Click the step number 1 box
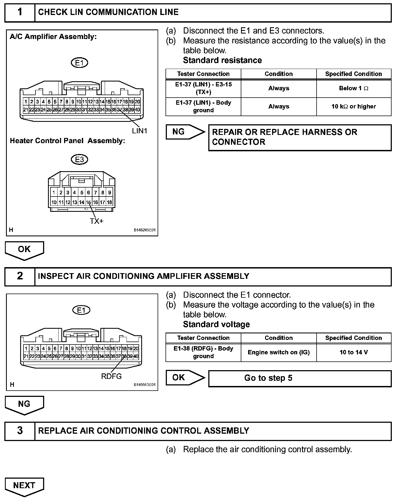[20, 12]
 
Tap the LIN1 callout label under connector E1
[139, 131]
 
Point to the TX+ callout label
[97, 221]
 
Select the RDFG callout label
[111, 376]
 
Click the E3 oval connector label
[79, 159]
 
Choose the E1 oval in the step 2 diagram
[81, 310]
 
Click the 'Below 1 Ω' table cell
[354, 88]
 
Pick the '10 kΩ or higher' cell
[354, 107]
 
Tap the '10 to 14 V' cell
[354, 352]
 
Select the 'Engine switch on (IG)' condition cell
[278, 352]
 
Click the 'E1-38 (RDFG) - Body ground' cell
[203, 352]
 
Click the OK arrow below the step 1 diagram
[24, 250]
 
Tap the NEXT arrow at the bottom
[24, 486]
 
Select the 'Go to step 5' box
[300, 378]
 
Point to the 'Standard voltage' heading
[216, 324]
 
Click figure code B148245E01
[144, 230]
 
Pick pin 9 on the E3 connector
[109, 192]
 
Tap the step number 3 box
[20, 431]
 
